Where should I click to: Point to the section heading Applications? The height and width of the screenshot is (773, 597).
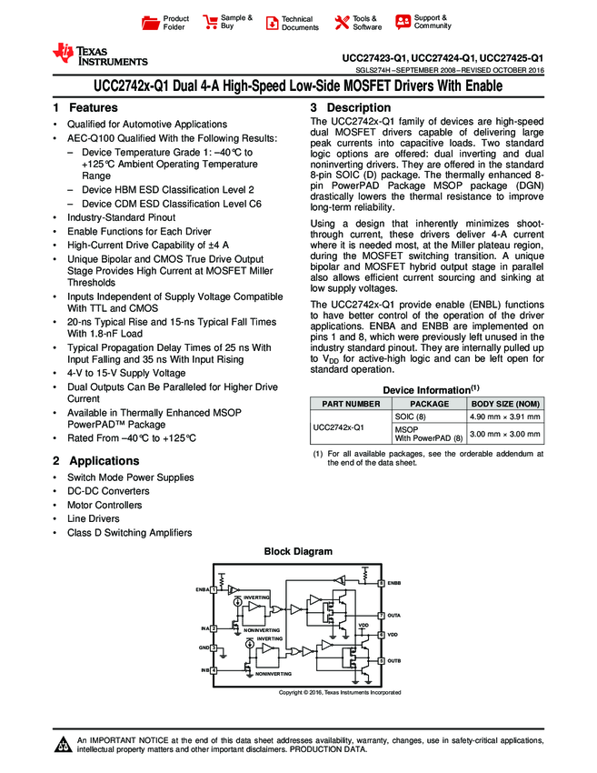click(104, 461)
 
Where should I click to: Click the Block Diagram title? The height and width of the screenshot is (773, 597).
click(298, 551)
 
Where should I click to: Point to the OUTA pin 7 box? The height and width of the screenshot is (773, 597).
click(381, 616)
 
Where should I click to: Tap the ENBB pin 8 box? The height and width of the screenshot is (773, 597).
click(381, 582)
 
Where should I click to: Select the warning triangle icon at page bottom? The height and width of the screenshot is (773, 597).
click(63, 747)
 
